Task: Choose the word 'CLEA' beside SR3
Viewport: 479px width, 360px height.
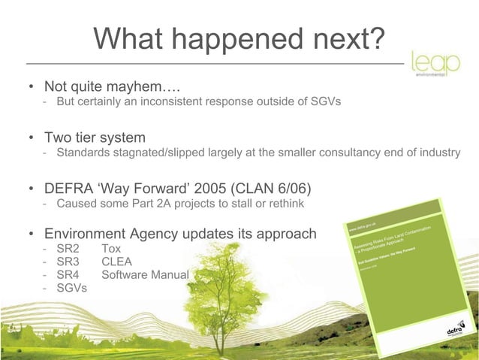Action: click(x=116, y=262)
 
